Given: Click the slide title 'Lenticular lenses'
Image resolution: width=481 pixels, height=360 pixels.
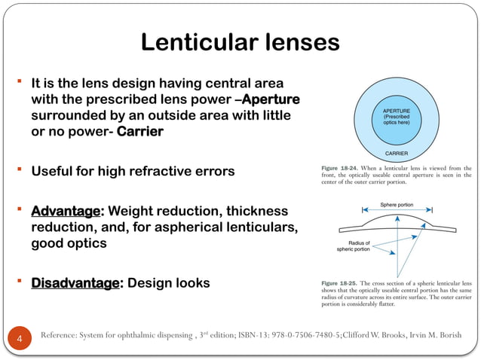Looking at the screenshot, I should click(x=240, y=42).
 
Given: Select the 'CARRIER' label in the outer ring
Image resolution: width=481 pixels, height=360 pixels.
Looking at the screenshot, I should click(x=396, y=153).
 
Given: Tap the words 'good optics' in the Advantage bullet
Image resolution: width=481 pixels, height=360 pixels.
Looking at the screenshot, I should click(x=68, y=244).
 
